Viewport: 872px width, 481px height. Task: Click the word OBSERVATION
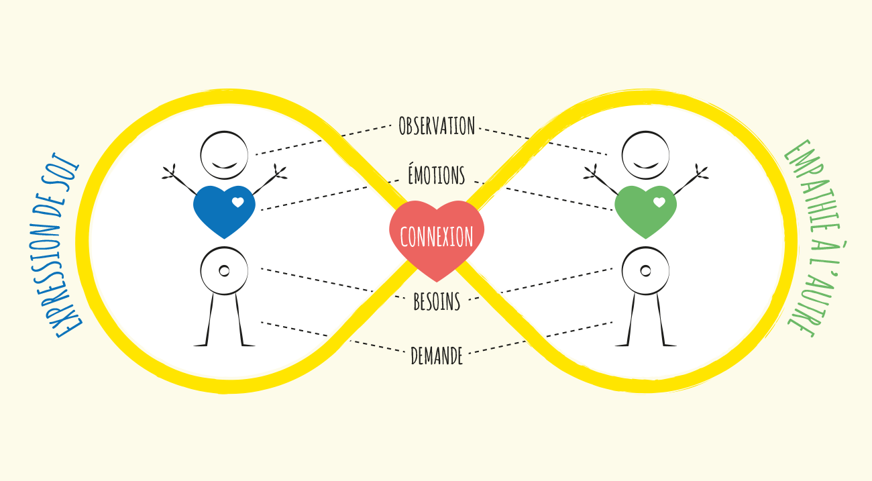(x=437, y=126)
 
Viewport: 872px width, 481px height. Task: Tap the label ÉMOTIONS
(x=437, y=174)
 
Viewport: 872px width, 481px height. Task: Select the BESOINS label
(x=437, y=302)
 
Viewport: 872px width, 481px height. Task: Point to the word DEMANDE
(x=437, y=356)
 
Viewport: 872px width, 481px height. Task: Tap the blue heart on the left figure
(x=224, y=211)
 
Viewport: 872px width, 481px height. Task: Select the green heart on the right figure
(x=645, y=211)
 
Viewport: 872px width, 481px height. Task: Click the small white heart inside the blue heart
(x=238, y=202)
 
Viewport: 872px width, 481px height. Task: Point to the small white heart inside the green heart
(x=659, y=202)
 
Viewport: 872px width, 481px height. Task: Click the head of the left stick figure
(x=224, y=155)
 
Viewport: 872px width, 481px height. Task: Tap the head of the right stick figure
(x=645, y=155)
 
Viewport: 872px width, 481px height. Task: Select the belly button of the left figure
(x=224, y=270)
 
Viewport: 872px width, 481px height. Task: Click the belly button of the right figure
(x=645, y=270)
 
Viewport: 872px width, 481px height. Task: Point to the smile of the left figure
(x=224, y=166)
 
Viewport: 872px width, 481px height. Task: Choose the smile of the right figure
(x=645, y=166)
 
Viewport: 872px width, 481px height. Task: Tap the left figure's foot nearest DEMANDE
(x=248, y=345)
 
